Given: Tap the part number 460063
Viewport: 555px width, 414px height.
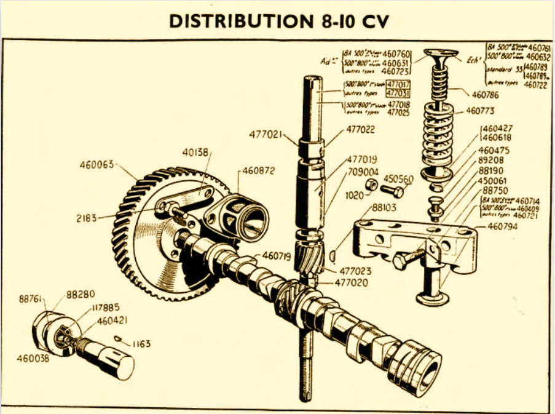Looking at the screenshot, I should click(x=97, y=165).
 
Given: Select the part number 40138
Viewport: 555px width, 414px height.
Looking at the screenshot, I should click(x=196, y=150).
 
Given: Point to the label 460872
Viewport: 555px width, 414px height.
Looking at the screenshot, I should click(x=258, y=170).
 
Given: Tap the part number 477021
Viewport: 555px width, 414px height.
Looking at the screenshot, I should click(x=267, y=135).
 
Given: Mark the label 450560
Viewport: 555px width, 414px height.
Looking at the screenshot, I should click(x=398, y=179).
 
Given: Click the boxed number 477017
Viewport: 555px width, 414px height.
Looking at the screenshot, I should click(x=399, y=84).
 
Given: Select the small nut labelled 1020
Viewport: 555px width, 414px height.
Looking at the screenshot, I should click(x=371, y=184).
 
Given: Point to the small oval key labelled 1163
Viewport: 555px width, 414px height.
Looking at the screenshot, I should click(x=122, y=340).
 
